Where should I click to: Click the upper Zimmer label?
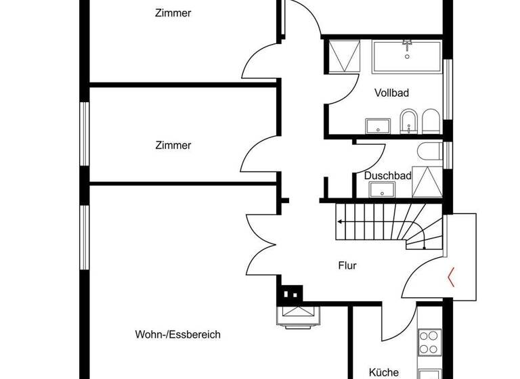tap(173, 13)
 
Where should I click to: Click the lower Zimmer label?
tap(173, 146)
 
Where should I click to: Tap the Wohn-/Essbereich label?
tap(177, 334)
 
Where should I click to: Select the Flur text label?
tap(347, 266)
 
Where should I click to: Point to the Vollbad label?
tap(391, 93)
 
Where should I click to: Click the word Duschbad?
tap(388, 175)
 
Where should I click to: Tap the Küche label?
tap(383, 372)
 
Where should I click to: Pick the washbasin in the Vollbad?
tap(378, 126)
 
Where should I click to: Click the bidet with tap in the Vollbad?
tap(408, 122)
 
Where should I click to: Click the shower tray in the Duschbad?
tap(427, 181)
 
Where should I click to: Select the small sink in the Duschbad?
tap(383, 190)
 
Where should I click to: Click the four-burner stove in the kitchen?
tap(430, 342)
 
